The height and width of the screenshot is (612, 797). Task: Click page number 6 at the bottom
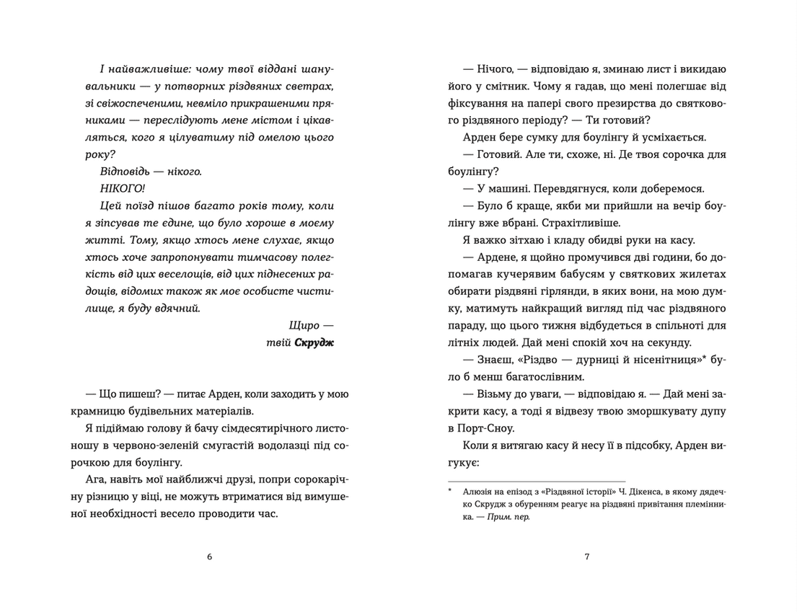coord(209,556)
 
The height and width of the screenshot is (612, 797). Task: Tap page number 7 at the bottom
coord(587,556)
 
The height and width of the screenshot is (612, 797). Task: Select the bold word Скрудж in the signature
coord(314,343)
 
